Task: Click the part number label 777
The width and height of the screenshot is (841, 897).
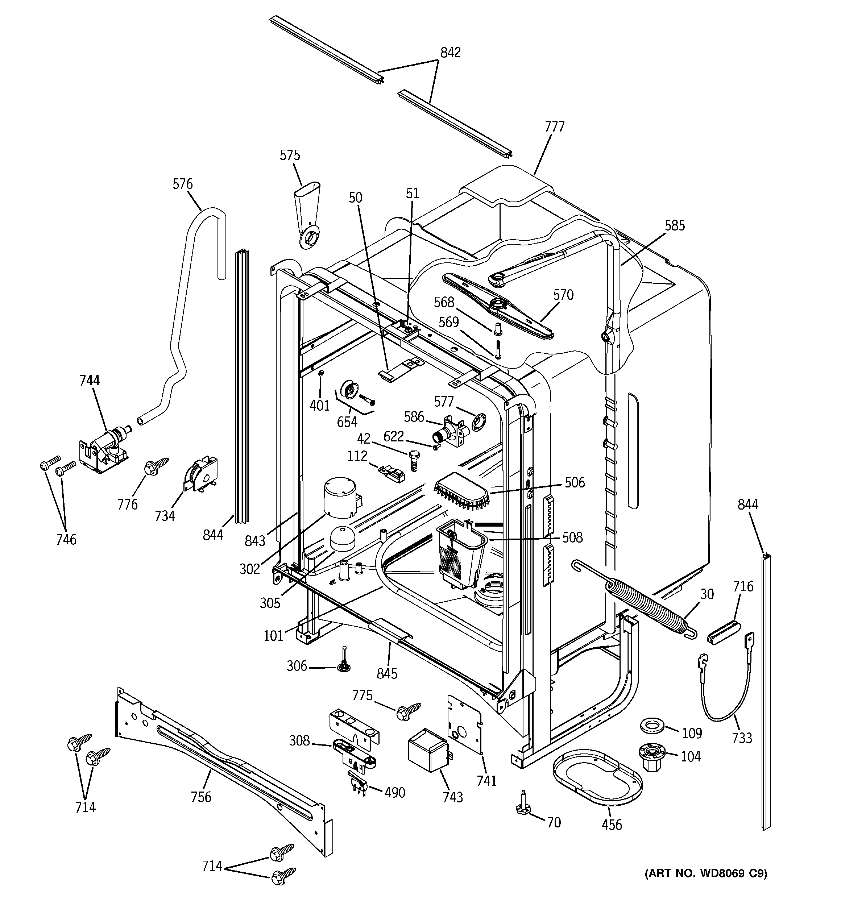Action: click(x=554, y=127)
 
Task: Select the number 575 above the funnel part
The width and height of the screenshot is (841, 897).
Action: click(x=290, y=155)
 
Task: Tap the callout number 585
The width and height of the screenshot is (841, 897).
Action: click(x=674, y=225)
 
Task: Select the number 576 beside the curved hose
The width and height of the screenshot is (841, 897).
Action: click(x=182, y=184)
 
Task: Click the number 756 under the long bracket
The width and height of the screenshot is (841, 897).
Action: click(x=200, y=797)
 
